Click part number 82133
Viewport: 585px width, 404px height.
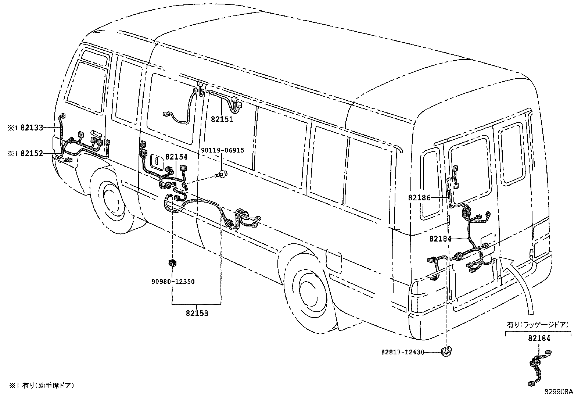coord(32,128)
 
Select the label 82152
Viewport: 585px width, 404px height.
coord(32,153)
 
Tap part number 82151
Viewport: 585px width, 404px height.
coord(222,119)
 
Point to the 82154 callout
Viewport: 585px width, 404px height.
coord(176,157)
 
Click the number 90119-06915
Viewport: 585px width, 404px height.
coord(222,150)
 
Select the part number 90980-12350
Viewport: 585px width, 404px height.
coord(173,282)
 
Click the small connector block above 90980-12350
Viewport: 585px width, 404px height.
coord(172,263)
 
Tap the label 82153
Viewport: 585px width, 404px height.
coord(197,313)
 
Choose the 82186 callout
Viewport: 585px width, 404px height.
coord(419,197)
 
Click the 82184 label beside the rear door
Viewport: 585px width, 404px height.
coord(440,239)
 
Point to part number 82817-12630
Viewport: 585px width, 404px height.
coord(402,352)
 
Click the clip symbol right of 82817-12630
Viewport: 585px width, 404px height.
coord(446,352)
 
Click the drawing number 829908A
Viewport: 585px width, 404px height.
coord(559,392)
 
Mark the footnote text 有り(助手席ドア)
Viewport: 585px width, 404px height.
coord(48,385)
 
